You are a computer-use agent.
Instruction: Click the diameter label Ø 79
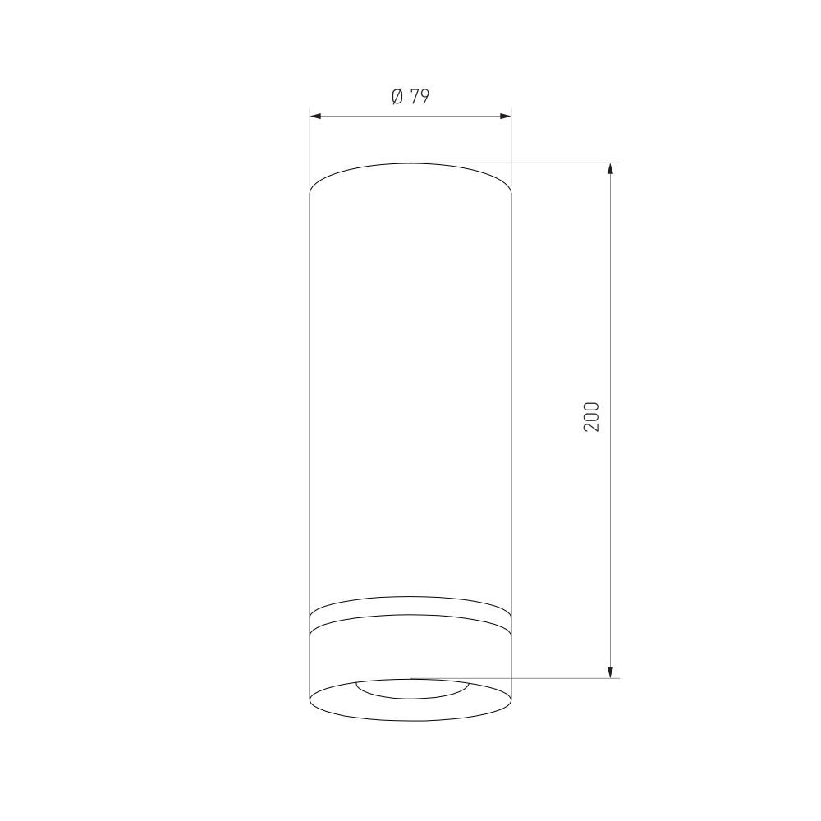click(x=410, y=97)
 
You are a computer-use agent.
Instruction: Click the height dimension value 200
click(x=591, y=417)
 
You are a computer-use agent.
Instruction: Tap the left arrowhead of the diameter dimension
click(x=315, y=116)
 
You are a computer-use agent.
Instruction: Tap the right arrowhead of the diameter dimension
click(x=505, y=116)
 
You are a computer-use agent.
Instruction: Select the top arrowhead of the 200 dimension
click(x=610, y=168)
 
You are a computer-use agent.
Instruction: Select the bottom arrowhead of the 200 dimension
click(x=610, y=673)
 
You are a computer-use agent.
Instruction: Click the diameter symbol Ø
click(x=397, y=97)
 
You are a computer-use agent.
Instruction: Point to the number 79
click(x=420, y=97)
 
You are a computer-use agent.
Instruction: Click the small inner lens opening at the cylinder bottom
click(x=412, y=697)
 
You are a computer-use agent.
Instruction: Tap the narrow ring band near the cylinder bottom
click(x=410, y=615)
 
